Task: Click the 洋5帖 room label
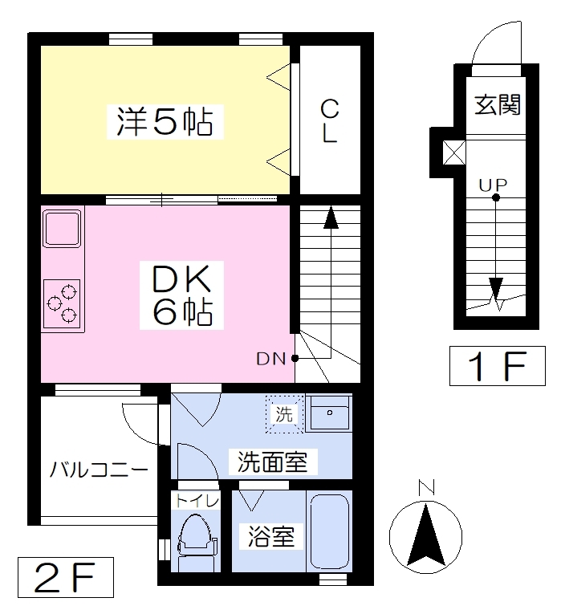[165, 122]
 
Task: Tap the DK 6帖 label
[181, 295]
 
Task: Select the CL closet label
[330, 121]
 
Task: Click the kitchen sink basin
[63, 228]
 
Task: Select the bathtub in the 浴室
[330, 531]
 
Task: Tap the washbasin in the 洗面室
[329, 413]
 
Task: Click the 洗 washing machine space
[284, 414]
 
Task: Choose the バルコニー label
[99, 470]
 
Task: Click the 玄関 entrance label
[498, 104]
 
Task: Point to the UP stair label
[493, 185]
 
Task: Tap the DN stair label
[271, 359]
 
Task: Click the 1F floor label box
[498, 366]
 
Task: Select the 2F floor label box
[65, 577]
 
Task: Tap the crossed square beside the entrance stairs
[454, 152]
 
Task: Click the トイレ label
[197, 501]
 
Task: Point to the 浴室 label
[271, 536]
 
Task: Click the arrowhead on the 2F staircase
[331, 218]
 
